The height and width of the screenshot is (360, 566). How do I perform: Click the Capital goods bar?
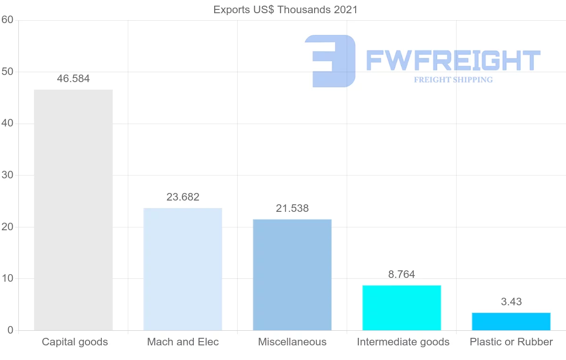point(73,210)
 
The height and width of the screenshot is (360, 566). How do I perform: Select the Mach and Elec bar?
point(183,269)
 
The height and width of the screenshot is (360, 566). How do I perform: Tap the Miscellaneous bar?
point(292,275)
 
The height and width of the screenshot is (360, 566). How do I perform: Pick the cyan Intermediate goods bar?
point(401,308)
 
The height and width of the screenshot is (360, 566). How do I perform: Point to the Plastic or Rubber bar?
point(511,321)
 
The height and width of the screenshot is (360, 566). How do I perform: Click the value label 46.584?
point(73,79)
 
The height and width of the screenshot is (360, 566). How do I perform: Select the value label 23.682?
point(183,197)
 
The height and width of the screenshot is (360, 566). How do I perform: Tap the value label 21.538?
point(292,209)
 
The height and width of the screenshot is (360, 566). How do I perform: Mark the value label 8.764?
point(401,275)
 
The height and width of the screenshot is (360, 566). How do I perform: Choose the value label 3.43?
point(511,302)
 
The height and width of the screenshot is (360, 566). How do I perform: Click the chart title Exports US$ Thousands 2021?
point(285,10)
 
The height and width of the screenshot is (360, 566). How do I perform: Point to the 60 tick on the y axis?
point(7,20)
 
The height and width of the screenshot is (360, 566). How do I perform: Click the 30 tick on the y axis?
point(7,176)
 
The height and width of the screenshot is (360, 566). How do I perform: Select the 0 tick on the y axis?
point(10,330)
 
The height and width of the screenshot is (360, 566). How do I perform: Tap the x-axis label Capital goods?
point(75,342)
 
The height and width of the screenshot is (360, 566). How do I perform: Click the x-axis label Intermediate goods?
point(403,342)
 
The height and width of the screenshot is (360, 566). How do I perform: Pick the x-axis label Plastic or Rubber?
point(511,342)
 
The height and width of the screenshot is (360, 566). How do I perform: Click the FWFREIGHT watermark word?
point(453,61)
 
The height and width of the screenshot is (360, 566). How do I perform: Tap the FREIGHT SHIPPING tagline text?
point(453,80)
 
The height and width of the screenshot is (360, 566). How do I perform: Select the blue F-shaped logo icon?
point(330,61)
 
